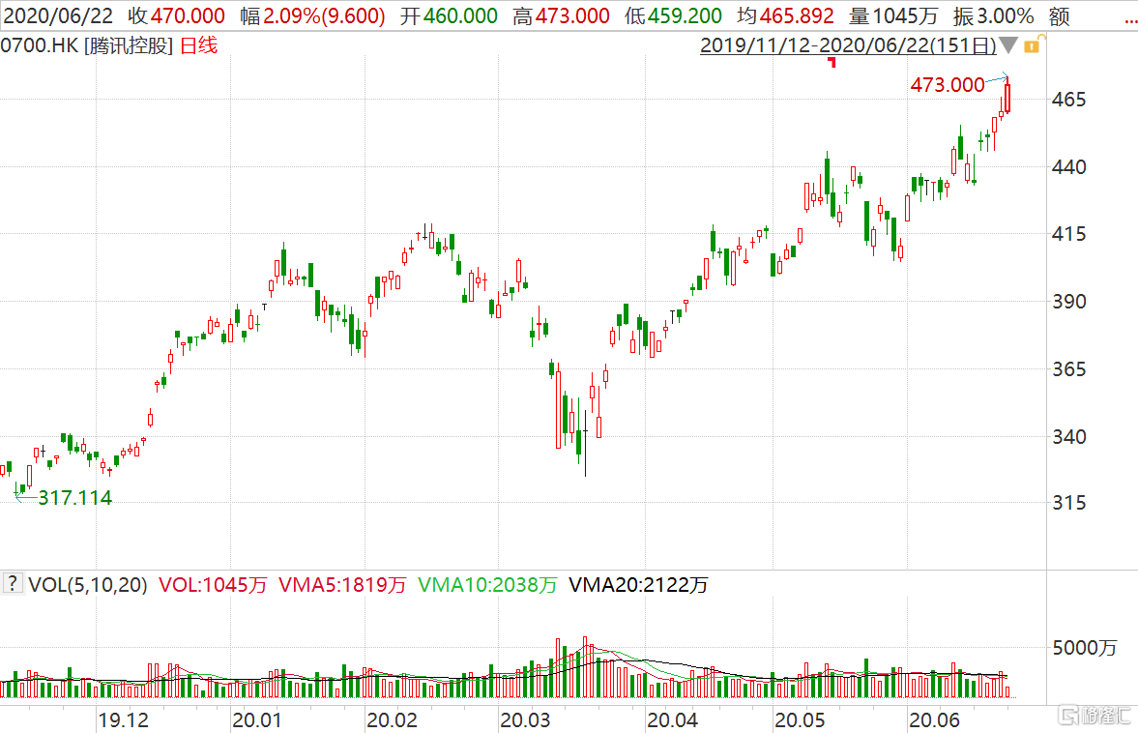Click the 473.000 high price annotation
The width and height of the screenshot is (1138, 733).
pos(947,85)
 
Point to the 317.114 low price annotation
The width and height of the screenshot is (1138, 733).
pos(74,499)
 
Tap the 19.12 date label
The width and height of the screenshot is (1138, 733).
pos(123,720)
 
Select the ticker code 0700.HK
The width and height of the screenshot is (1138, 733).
pos(39,45)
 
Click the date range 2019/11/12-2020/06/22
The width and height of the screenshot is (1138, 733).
pos(848,45)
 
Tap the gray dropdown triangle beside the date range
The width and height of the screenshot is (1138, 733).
pos(1008,45)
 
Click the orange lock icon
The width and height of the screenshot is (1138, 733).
pos(1032,45)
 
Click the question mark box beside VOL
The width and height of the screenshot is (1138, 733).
pos(13,584)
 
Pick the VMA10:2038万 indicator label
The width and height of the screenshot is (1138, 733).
pos(487,584)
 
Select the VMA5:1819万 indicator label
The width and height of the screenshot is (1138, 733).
pos(342,584)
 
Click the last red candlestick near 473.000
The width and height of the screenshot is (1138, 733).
pos(1008,98)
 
